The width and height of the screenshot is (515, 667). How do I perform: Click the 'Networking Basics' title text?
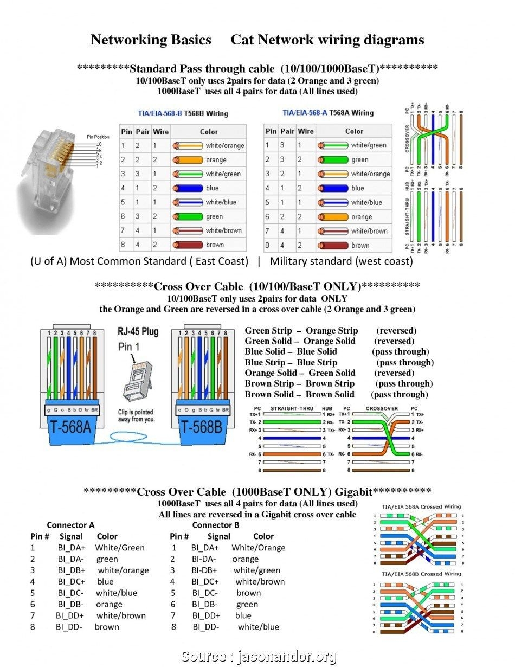click(151, 40)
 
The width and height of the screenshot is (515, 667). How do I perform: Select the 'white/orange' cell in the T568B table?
click(224, 145)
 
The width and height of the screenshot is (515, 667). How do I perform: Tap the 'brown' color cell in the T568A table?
click(360, 245)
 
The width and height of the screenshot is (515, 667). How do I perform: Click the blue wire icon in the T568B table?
click(187, 188)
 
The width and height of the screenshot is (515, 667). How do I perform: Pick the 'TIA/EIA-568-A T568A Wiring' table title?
click(328, 113)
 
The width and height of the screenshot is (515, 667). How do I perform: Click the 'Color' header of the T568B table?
click(209, 131)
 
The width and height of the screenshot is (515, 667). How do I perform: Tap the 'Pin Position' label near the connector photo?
click(98, 137)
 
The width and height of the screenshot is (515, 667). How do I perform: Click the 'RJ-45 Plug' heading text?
click(138, 332)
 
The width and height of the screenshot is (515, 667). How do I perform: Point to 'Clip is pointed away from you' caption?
click(136, 415)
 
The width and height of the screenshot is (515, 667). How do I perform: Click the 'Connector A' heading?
click(70, 525)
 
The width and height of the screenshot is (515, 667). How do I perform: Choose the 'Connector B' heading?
click(215, 525)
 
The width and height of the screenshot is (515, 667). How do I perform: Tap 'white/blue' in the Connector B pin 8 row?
click(258, 627)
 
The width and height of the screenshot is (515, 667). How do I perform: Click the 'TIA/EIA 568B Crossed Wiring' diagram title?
click(421, 574)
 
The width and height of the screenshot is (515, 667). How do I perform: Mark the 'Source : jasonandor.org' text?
click(259, 657)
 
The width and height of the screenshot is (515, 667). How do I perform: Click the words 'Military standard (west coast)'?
click(341, 261)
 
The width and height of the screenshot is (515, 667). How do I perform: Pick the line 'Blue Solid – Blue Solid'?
click(291, 351)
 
